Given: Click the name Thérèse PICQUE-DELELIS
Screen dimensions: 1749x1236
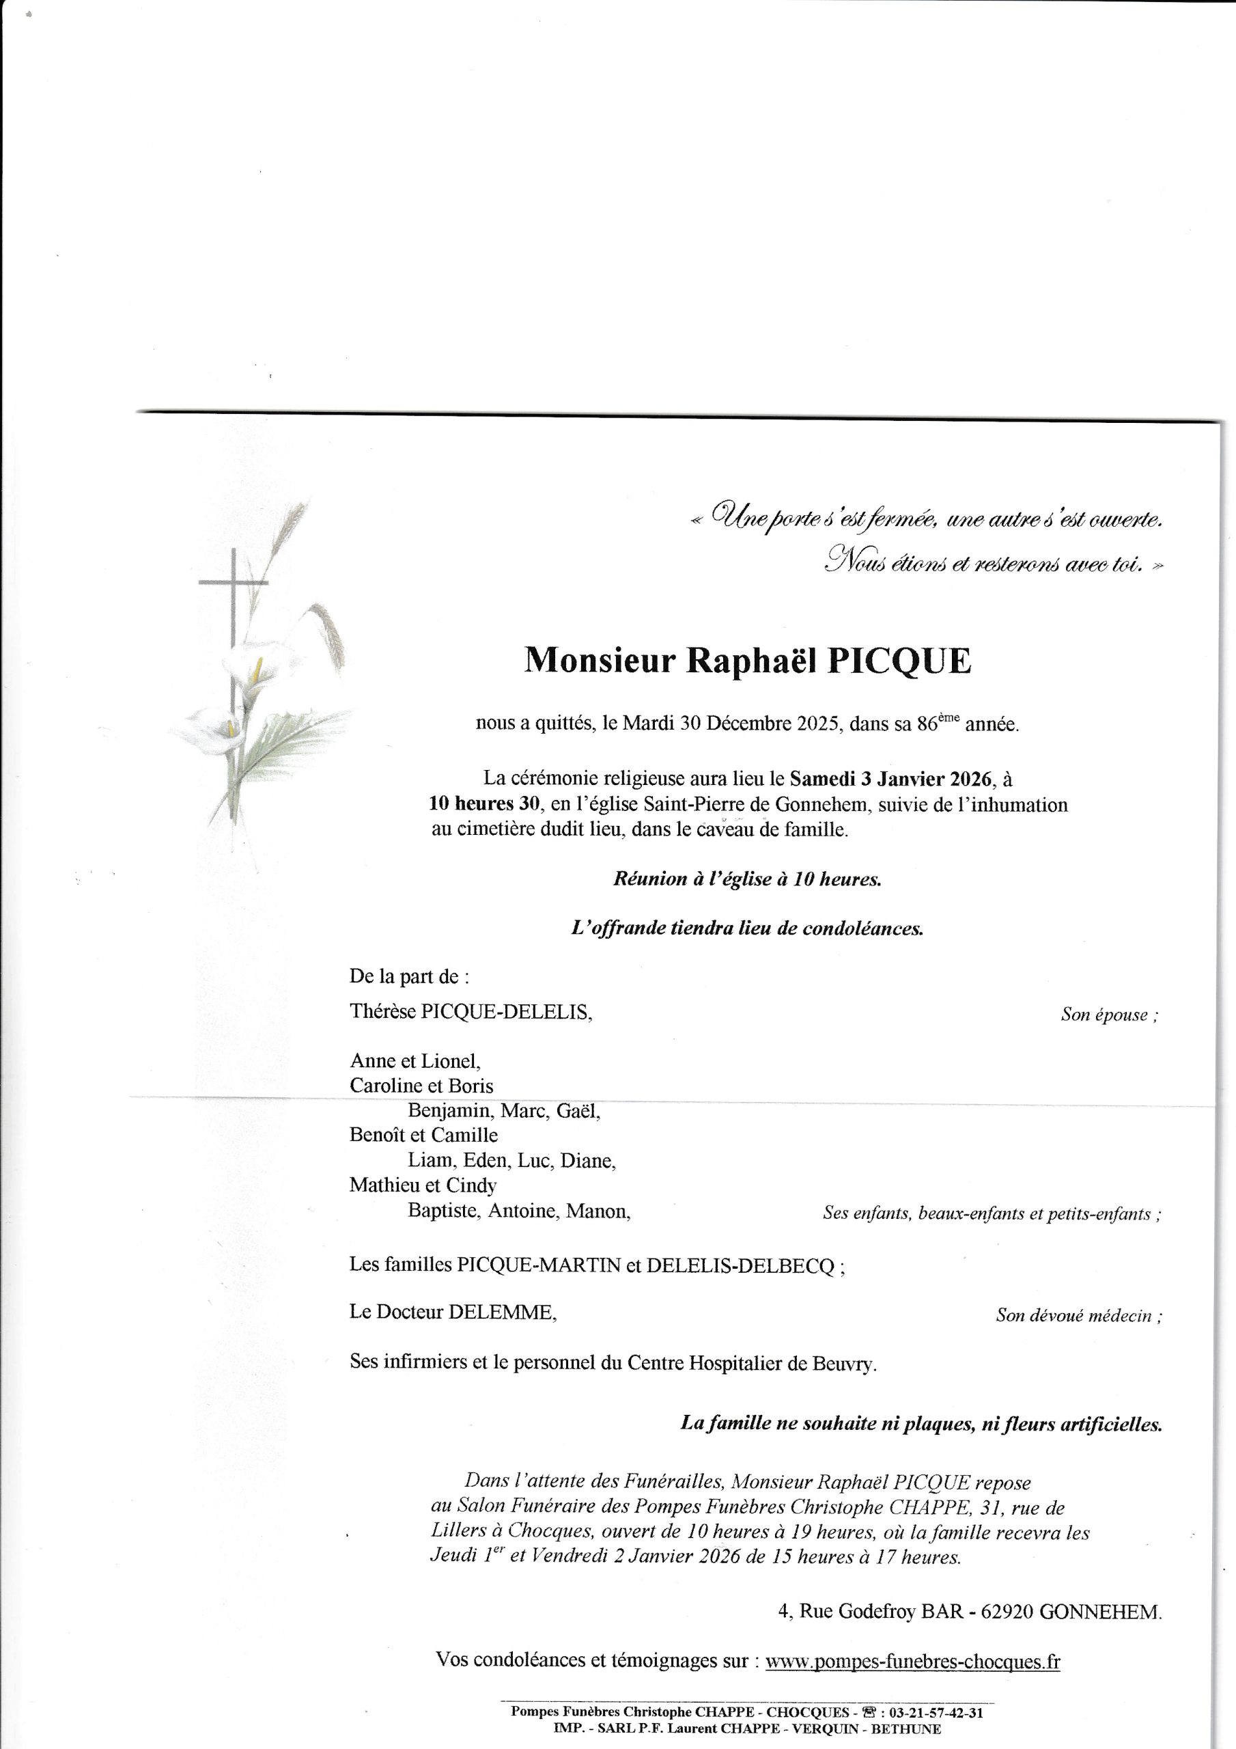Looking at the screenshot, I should tap(470, 1012).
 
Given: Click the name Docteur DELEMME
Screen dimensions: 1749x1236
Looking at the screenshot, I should tap(467, 1312).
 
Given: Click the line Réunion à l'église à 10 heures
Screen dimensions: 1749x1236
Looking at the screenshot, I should tap(747, 879).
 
